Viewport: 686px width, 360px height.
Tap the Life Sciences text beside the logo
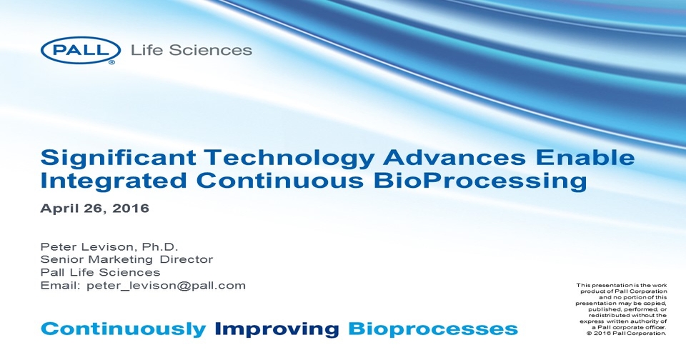coord(191,50)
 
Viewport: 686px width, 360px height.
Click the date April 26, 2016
coord(94,209)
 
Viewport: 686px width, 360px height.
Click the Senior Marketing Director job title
coord(126,259)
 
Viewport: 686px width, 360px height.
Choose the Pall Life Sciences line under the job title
coord(100,272)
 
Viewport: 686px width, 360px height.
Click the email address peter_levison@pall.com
coord(166,285)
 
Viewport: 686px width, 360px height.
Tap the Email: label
coord(61,285)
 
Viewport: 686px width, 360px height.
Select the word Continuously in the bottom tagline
coord(123,329)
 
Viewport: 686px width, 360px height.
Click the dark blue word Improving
coord(277,329)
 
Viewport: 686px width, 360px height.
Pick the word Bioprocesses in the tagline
coord(432,329)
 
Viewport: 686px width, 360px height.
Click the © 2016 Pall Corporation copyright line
coord(626,334)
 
